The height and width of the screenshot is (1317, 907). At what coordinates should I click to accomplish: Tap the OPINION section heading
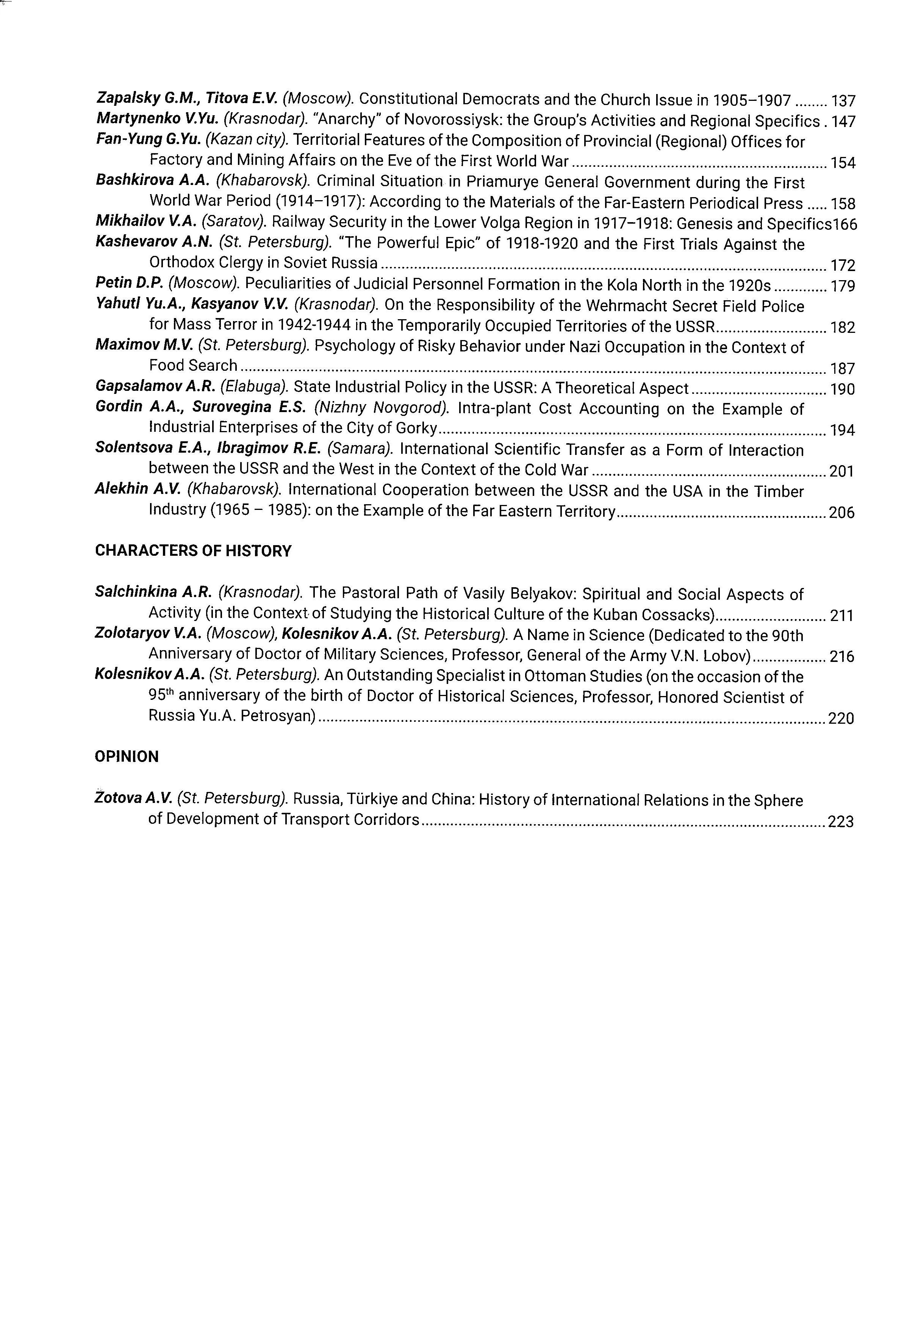[127, 756]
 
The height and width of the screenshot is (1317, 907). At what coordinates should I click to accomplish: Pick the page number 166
[846, 224]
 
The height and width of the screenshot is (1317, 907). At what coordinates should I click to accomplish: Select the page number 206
[842, 513]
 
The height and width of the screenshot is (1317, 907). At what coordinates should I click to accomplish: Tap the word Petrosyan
[278, 717]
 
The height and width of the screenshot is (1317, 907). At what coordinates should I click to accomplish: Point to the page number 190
[842, 390]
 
